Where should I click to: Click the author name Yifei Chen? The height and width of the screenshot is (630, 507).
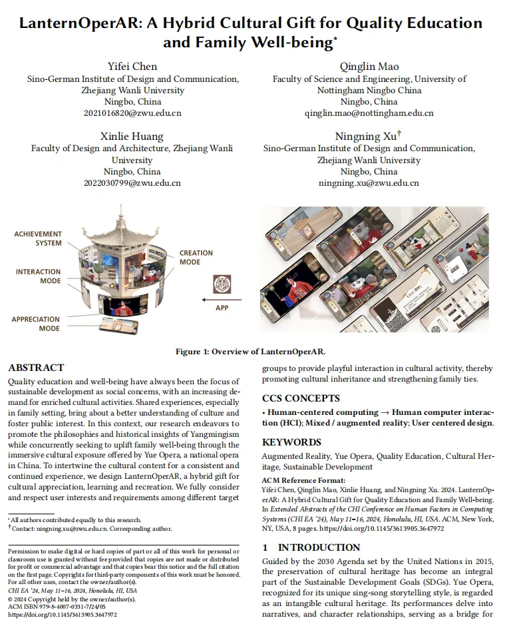click(x=133, y=67)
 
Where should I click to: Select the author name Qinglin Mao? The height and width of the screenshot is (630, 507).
click(x=369, y=67)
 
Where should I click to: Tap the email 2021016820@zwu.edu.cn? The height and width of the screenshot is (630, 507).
click(x=132, y=113)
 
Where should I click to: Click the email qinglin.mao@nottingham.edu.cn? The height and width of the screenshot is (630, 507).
click(x=369, y=113)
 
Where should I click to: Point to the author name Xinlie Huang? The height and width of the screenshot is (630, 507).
click(x=132, y=137)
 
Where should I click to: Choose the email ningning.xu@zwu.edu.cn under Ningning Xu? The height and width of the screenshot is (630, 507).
click(x=369, y=183)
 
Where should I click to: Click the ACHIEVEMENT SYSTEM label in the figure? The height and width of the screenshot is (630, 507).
click(x=38, y=238)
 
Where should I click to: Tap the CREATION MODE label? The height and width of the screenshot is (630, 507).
click(x=196, y=257)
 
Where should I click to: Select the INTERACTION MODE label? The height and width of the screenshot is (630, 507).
click(x=39, y=276)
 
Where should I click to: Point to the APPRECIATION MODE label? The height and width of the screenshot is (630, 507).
click(x=35, y=324)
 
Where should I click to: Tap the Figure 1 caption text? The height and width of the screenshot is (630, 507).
click(x=254, y=352)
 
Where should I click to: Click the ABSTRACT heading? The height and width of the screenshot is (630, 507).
click(x=36, y=368)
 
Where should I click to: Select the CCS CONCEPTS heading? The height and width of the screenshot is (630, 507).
click(x=301, y=399)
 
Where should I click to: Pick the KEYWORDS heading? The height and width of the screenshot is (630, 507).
click(x=291, y=442)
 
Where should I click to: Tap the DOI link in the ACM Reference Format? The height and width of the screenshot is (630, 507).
click(x=382, y=528)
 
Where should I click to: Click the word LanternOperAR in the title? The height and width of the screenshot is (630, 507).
click(x=75, y=23)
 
